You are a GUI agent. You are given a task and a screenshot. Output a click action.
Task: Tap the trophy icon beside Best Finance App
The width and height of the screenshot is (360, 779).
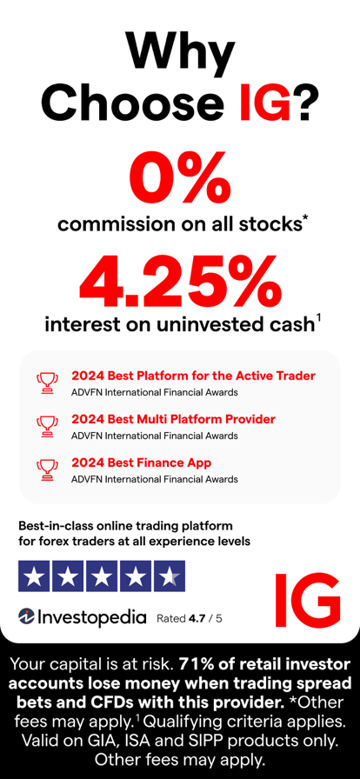click(47, 469)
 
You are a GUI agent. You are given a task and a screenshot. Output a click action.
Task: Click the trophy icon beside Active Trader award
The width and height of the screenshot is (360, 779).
click(47, 382)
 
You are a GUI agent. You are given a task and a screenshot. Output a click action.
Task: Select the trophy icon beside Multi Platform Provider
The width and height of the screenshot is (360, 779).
click(47, 425)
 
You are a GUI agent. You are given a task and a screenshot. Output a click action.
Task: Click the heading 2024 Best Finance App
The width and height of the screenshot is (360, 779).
click(141, 463)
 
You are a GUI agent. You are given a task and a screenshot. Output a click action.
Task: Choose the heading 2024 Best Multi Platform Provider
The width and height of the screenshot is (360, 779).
click(173, 419)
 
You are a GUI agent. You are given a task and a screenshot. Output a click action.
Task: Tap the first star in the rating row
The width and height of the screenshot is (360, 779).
click(35, 576)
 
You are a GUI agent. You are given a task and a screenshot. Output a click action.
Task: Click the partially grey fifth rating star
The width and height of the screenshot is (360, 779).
click(169, 576)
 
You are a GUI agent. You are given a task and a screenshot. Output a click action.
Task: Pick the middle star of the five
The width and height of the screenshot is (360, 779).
click(102, 576)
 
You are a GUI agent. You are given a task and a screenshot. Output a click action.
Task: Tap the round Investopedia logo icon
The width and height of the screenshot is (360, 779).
click(26, 617)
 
